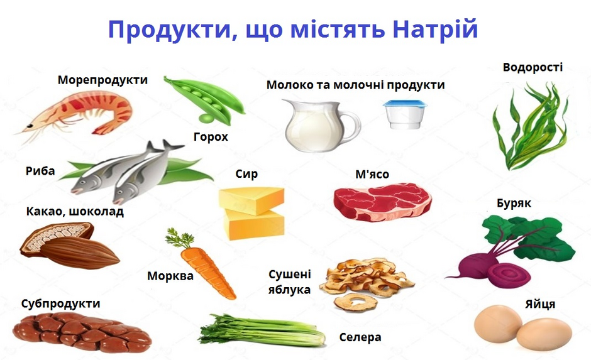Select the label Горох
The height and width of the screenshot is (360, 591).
pyautogui.click(x=211, y=136)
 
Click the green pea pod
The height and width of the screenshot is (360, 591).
pyautogui.click(x=204, y=99)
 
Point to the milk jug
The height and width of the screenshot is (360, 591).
pyautogui.click(x=321, y=125)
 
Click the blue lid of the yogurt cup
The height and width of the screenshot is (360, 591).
pyautogui.click(x=406, y=104)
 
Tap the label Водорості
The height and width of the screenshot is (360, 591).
pyautogui.click(x=533, y=67)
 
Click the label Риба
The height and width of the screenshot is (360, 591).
pyautogui.click(x=40, y=172)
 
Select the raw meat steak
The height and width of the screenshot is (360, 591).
pyautogui.click(x=383, y=202)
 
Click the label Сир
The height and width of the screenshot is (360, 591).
pyautogui.click(x=246, y=173)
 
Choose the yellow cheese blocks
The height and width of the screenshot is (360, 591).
pyautogui.click(x=251, y=213)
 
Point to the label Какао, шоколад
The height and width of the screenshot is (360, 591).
pyautogui.click(x=75, y=211)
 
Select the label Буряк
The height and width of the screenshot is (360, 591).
pyautogui.click(x=514, y=204)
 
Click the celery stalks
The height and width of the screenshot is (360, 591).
pyautogui.click(x=262, y=330)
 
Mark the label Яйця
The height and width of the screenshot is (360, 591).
pyautogui.click(x=540, y=304)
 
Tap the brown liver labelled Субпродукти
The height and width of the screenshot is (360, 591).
pyautogui.click(x=82, y=332)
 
